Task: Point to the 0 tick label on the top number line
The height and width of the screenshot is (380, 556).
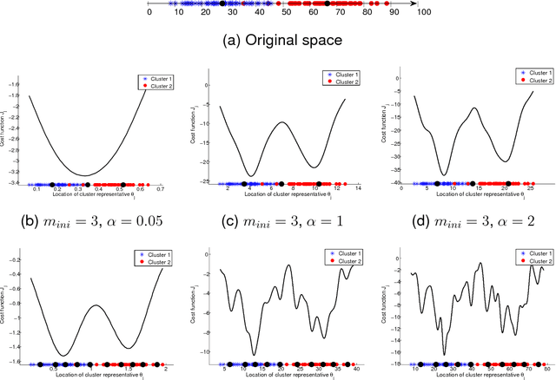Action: click(x=149, y=13)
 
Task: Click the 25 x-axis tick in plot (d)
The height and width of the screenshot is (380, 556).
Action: click(x=532, y=192)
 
